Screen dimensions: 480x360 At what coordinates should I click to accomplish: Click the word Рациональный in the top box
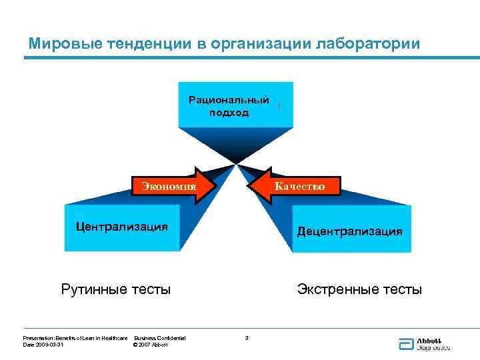229,100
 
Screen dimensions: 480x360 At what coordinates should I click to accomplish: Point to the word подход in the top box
229,113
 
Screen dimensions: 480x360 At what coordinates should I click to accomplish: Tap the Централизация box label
121,226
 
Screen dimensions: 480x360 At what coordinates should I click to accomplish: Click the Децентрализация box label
350,231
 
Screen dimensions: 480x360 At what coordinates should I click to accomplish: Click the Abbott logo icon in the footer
406,344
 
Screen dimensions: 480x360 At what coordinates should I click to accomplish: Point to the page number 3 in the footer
247,338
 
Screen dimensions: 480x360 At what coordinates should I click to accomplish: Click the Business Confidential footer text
160,338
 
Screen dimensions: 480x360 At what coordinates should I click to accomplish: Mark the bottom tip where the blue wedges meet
235,162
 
